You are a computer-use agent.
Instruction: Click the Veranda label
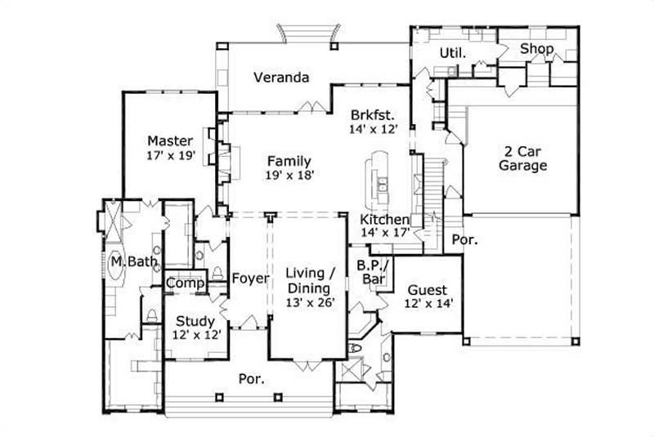point(280,78)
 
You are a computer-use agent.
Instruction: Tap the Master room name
point(170,140)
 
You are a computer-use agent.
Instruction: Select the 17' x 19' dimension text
point(170,155)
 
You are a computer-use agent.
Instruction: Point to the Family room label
point(289,159)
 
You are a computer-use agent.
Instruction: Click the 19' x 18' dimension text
point(289,174)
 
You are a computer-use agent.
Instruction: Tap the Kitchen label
point(384,220)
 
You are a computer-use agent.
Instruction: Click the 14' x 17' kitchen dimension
point(384,233)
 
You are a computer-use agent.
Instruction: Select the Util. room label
point(453,53)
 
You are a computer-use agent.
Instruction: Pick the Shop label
point(537,50)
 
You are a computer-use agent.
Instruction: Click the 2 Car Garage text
point(523,158)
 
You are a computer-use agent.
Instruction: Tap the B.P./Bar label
point(375,272)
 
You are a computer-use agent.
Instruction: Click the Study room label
point(195,321)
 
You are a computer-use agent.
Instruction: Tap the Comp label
point(184,283)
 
